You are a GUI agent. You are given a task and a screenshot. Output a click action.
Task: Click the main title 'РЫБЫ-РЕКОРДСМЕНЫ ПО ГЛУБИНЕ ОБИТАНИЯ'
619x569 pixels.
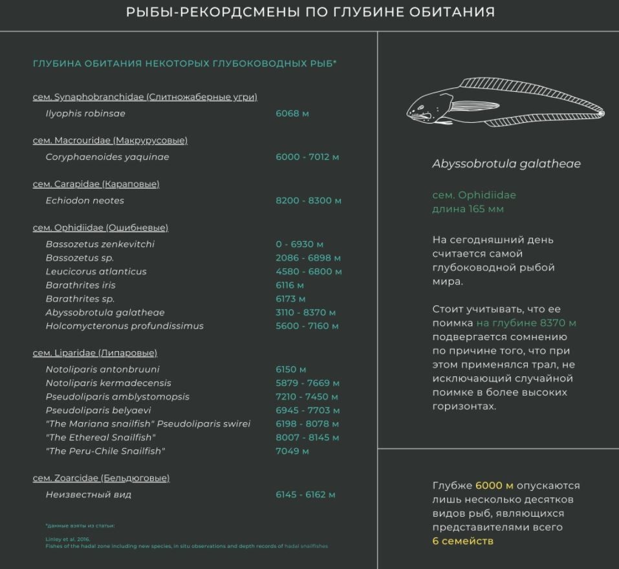pos(310,12)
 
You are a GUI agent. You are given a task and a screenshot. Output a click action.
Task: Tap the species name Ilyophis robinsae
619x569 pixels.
pos(85,114)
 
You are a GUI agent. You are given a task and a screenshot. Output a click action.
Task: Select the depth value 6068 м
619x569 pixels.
pos(292,114)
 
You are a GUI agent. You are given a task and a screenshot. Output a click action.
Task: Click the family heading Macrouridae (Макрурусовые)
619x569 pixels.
pos(110,140)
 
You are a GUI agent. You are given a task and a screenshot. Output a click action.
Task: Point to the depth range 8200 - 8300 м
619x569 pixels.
pos(309,200)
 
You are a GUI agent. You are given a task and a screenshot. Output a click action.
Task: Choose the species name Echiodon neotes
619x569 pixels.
pos(85,200)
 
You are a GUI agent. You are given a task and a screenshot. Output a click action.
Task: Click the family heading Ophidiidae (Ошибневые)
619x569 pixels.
pos(100,228)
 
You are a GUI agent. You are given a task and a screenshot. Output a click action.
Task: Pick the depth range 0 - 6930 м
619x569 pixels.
pos(299,244)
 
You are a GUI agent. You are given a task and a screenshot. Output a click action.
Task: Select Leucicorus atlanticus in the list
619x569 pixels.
pos(96,272)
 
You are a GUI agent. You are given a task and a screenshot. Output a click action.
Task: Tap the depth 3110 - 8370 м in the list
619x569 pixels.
pos(306,312)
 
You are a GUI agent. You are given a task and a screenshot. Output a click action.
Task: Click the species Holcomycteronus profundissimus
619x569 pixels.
pos(124,326)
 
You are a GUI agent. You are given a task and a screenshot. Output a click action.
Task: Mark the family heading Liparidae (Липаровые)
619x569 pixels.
pos(95,353)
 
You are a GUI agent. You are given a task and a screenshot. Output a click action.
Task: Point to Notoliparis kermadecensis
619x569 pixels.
pos(108,383)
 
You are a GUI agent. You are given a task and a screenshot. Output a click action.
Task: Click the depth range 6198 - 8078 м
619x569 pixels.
pos(307,424)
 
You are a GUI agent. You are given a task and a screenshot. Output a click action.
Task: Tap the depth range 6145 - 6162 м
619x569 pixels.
pos(305,495)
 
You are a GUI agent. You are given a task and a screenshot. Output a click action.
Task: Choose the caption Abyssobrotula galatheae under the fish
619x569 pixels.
pos(506,164)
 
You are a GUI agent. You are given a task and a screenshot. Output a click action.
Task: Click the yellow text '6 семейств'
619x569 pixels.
pos(462,541)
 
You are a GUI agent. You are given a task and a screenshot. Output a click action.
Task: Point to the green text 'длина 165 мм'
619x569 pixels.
pos(468,209)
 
